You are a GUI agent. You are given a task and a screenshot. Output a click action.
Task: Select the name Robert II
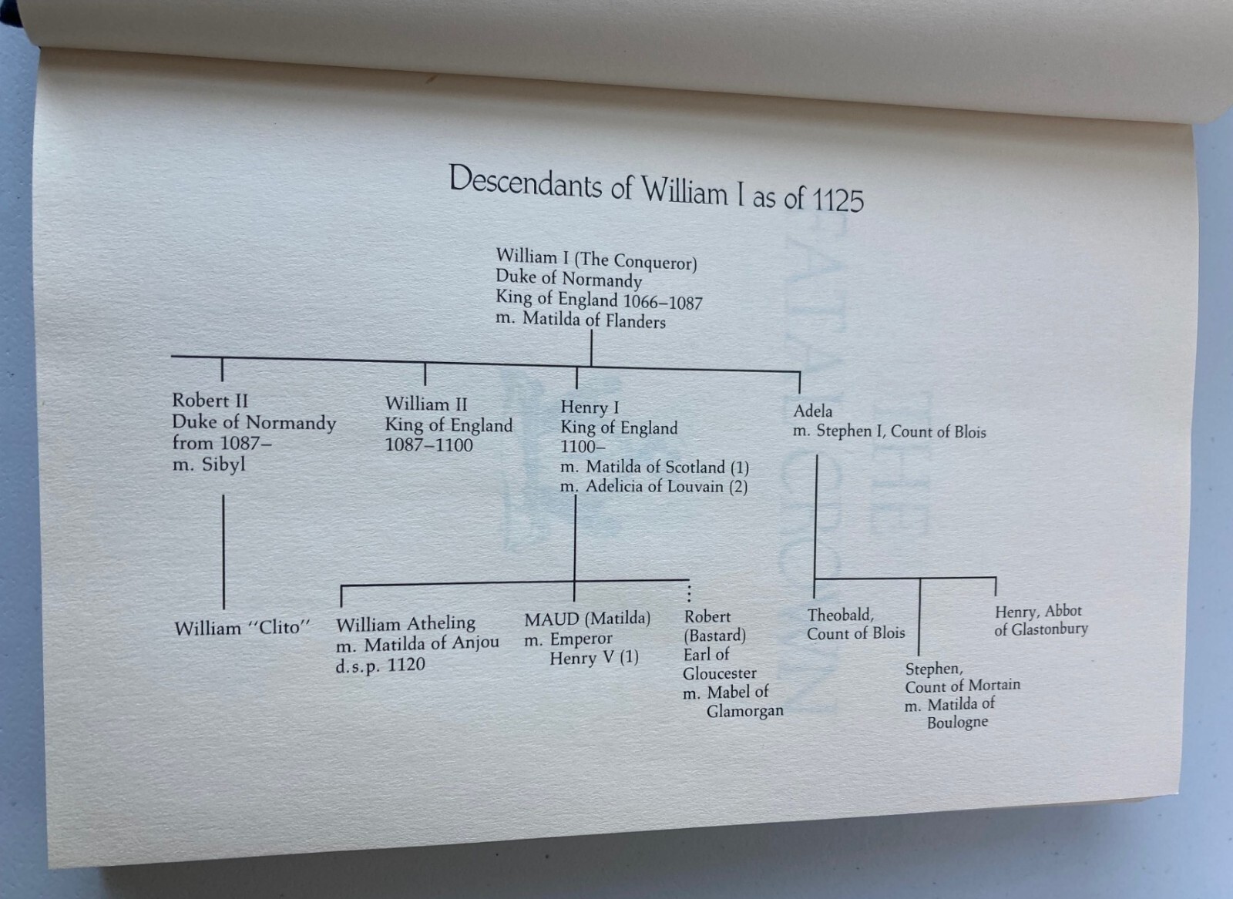pos(210,401)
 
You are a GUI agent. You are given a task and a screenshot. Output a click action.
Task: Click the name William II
pos(426,404)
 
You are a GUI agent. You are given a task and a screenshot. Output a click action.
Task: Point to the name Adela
pos(813,411)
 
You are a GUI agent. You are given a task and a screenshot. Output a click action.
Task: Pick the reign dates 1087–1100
pos(428,445)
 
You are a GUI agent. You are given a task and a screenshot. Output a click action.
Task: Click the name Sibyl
pos(223,465)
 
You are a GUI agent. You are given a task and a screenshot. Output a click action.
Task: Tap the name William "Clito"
pos(243,629)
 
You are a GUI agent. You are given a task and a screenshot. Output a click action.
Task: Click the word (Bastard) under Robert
pos(715,636)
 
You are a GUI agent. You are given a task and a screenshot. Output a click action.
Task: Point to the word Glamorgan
pos(744,711)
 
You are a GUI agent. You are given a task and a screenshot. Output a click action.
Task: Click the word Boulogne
pos(957,723)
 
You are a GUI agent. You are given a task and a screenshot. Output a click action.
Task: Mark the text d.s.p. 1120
pos(381,665)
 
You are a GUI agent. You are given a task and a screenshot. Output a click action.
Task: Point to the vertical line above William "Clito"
pos(223,552)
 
